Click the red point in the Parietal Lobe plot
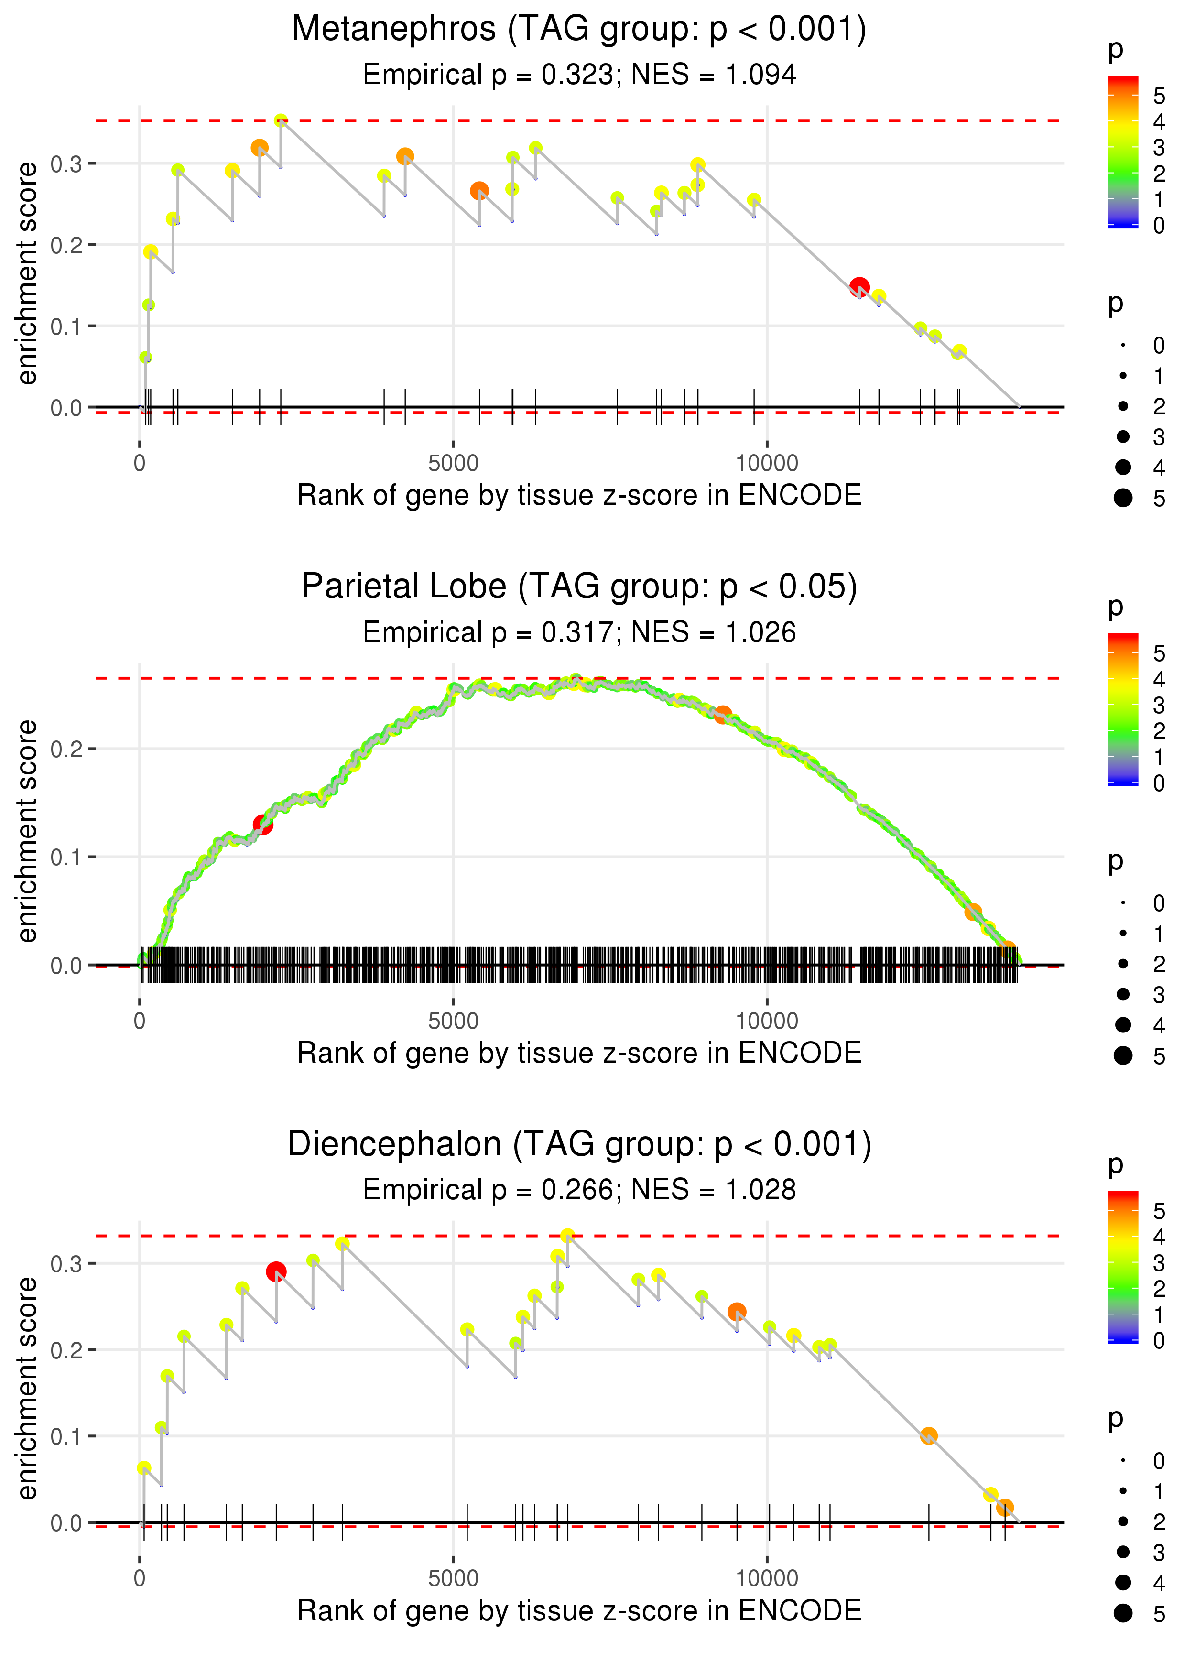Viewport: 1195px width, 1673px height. pos(263,825)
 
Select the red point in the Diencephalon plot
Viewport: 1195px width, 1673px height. pos(276,1271)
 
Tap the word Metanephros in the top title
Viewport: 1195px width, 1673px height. pos(394,30)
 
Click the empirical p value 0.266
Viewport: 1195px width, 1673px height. pos(577,1190)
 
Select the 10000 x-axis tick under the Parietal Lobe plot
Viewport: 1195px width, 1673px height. pos(767,1021)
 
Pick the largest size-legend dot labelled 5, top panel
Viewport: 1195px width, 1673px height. pos(1123,498)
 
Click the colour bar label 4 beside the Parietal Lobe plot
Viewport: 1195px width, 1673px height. pos(1159,679)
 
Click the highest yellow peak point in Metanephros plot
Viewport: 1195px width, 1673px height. pos(281,120)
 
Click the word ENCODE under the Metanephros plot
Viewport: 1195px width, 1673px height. pos(800,496)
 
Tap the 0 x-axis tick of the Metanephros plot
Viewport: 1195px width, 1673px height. pos(140,464)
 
